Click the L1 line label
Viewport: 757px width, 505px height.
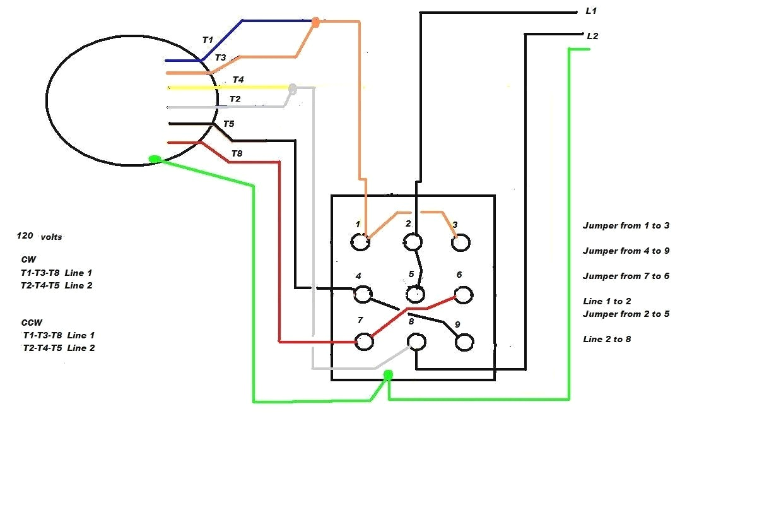click(591, 11)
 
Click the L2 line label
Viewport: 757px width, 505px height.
click(592, 36)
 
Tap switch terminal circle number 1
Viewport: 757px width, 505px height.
click(360, 242)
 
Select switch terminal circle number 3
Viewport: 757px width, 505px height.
click(461, 242)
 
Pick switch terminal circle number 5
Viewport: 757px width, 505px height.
click(414, 294)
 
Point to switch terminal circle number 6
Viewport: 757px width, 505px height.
click(464, 294)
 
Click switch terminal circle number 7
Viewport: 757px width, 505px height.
click(363, 342)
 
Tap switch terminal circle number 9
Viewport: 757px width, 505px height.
click(464, 342)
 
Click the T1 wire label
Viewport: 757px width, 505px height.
click(208, 40)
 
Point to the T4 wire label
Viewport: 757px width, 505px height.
click(238, 80)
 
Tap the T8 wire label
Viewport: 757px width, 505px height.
click(237, 153)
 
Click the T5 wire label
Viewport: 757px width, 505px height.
click(228, 124)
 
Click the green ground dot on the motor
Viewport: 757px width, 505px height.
click(155, 159)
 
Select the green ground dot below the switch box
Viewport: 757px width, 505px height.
click(388, 376)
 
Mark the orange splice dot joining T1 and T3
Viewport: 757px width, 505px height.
click(315, 22)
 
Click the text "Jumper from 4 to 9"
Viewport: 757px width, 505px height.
click(626, 251)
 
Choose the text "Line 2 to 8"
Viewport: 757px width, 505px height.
click(607, 339)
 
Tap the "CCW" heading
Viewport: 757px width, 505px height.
click(32, 322)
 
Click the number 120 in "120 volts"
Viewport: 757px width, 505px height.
click(25, 235)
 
